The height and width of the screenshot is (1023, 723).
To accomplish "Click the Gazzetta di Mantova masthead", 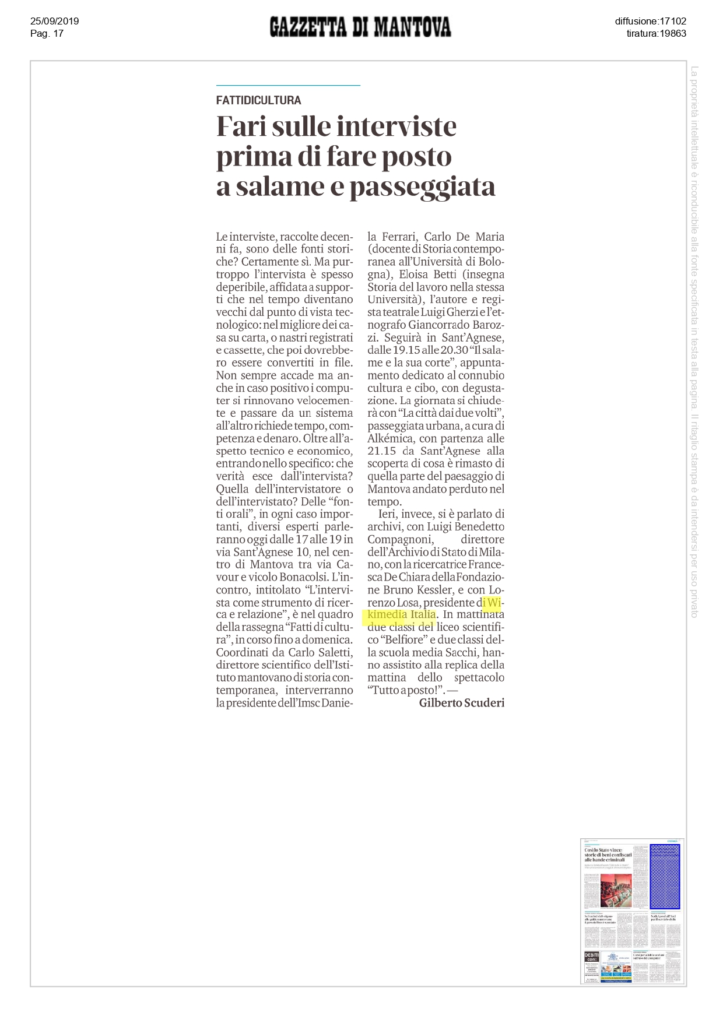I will tap(360, 27).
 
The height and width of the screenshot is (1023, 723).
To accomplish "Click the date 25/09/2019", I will tap(54, 22).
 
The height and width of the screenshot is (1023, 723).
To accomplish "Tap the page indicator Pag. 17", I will tap(47, 34).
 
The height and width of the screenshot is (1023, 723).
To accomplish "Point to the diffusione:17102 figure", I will tap(650, 22).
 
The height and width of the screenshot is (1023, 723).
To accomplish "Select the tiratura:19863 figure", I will tap(656, 34).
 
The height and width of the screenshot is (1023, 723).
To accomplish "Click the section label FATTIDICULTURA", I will tap(258, 100).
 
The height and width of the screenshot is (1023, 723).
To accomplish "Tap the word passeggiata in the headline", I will tap(422, 187).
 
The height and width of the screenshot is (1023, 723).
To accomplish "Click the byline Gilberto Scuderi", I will tap(461, 703).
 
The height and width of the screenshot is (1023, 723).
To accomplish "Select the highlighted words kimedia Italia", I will tap(402, 614).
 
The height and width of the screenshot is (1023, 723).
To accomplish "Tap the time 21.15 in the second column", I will tap(381, 451).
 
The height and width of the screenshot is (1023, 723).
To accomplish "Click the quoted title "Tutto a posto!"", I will tap(406, 690).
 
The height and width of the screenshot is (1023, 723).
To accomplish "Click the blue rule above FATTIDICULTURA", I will tap(288, 86).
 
